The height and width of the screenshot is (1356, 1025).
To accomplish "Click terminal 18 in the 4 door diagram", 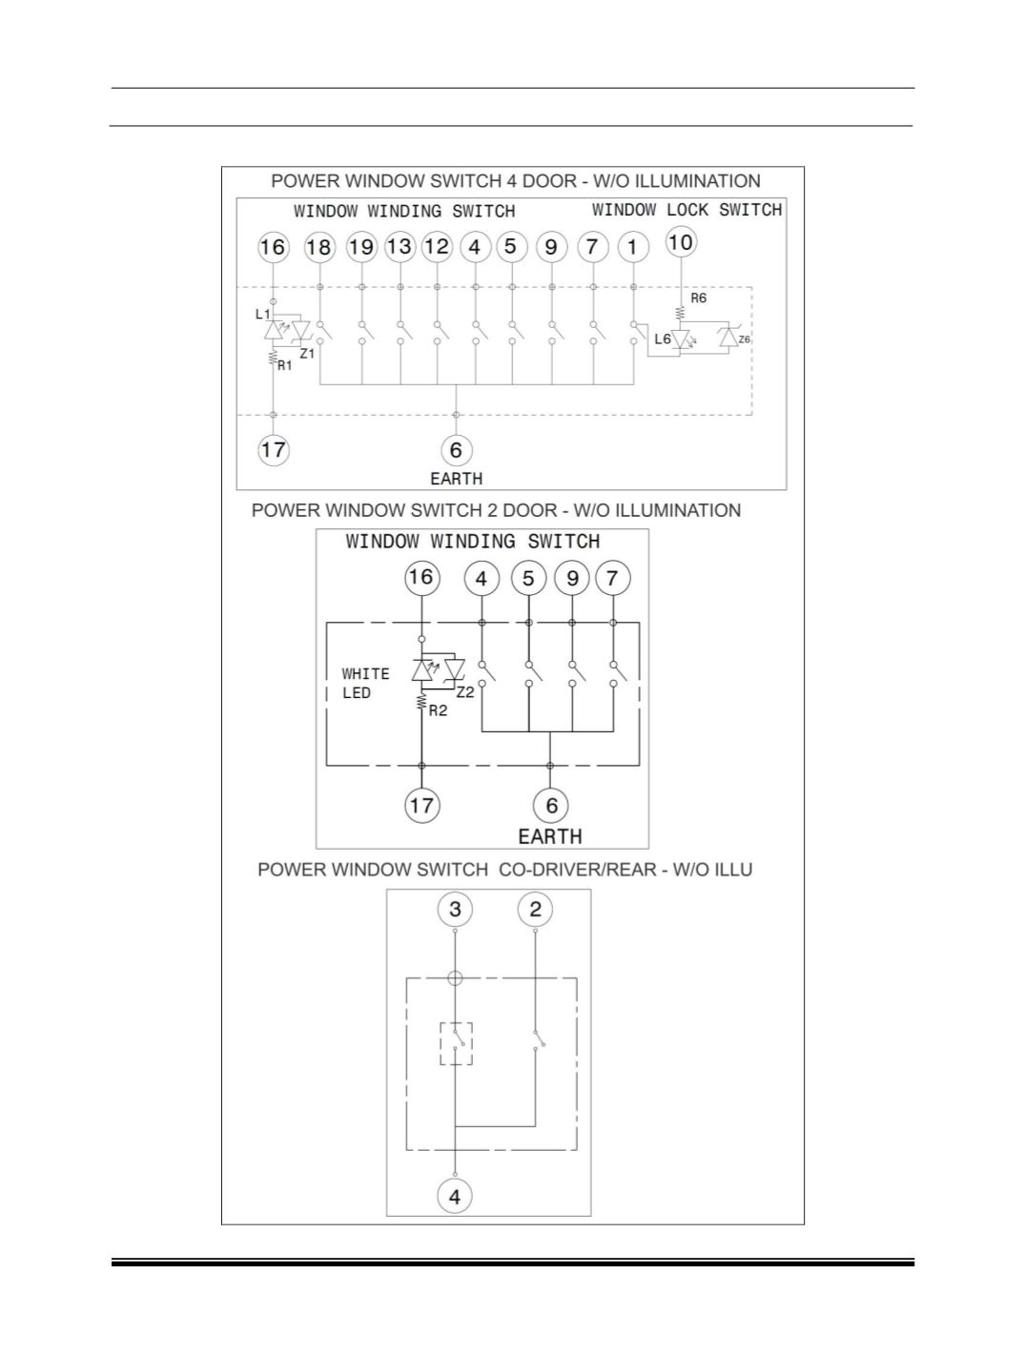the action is tap(319, 247).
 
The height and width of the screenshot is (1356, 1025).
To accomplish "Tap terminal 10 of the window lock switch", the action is tap(681, 241).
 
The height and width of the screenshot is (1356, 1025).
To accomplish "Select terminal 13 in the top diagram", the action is tap(400, 246).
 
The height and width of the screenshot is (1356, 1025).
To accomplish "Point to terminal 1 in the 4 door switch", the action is tap(633, 247).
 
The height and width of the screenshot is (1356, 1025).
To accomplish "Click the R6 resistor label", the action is tap(698, 298).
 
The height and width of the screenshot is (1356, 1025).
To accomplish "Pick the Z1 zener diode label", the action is tap(307, 354).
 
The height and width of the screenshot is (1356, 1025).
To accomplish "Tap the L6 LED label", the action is tap(663, 339).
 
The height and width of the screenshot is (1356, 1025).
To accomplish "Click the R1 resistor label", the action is tap(285, 366).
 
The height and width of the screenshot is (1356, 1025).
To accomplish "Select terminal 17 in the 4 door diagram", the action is tap(274, 450).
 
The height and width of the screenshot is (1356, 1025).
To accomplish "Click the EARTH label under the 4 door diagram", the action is tap(457, 479).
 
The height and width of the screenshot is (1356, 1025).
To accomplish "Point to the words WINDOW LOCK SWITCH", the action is tap(687, 210).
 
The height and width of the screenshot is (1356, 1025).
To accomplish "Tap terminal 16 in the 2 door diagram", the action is tap(421, 578).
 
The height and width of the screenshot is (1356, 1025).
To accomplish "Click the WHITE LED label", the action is tap(365, 684).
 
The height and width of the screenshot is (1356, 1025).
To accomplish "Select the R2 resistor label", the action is tap(438, 711).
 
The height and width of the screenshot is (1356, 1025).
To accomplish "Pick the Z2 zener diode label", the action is tap(465, 692).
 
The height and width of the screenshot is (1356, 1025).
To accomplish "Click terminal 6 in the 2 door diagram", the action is tap(551, 805).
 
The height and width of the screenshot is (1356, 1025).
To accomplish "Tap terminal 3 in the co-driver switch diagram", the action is tap(455, 910).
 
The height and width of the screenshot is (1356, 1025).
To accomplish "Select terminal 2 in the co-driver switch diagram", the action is tap(535, 910).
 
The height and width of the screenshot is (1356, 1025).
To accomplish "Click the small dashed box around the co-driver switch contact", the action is tap(441, 1044).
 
